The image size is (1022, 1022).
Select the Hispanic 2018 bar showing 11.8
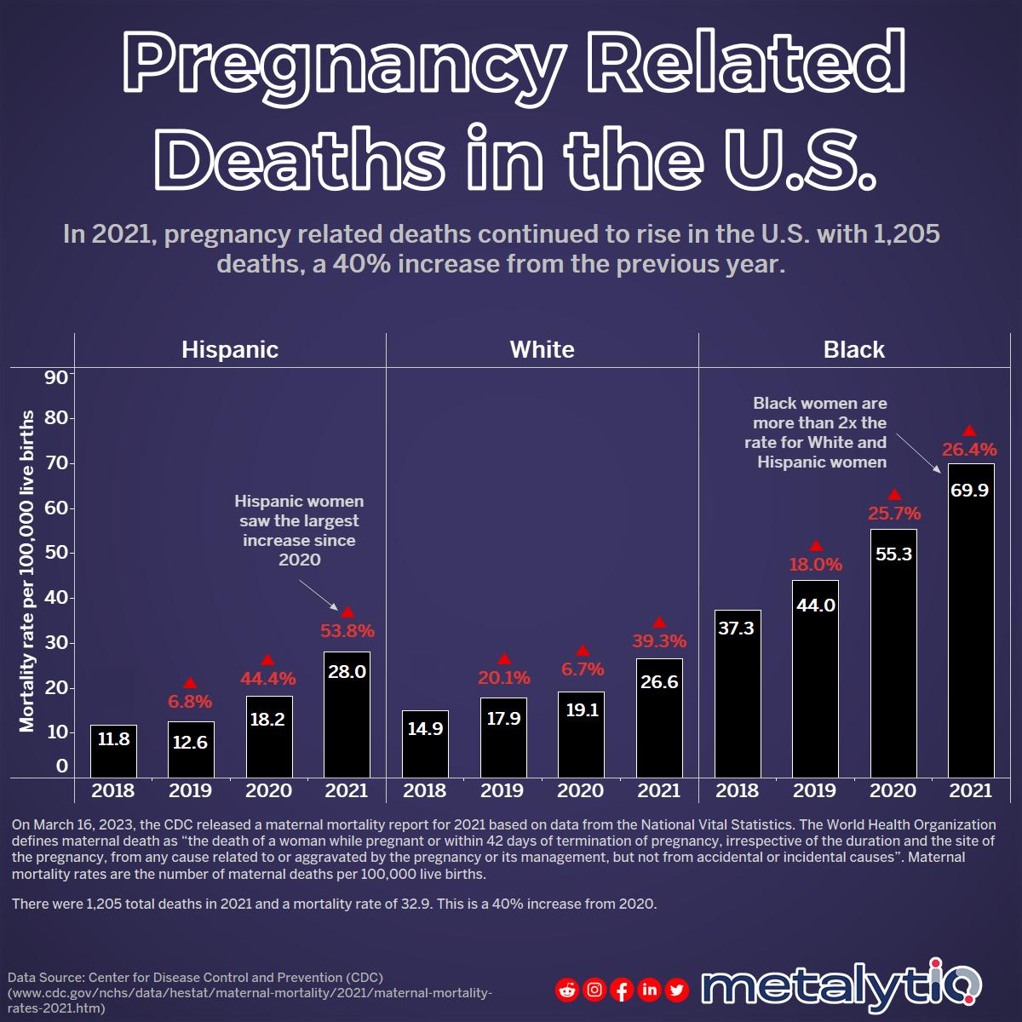pos(113,750)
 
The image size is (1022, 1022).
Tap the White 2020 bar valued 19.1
pos(582,734)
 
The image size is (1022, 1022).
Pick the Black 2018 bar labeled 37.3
pos(737,693)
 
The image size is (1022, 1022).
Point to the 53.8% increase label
pos(347,631)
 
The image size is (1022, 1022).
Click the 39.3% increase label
pos(659,640)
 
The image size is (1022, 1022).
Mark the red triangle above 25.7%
pos(894,495)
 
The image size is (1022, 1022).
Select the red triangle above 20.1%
pos(504,659)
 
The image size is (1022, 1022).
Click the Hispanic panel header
pos(230,349)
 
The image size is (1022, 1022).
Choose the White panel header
pos(542,349)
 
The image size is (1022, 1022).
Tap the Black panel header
pos(854,349)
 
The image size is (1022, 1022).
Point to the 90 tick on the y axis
pos(55,377)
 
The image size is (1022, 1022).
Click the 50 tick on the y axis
pos(55,553)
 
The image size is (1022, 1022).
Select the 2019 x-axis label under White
pos(502,790)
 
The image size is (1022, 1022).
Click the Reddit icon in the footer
pos(567,990)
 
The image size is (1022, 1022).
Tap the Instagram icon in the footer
pos(595,990)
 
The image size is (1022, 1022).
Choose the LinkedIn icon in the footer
pos(649,990)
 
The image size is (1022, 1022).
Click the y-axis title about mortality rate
pos(28,571)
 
